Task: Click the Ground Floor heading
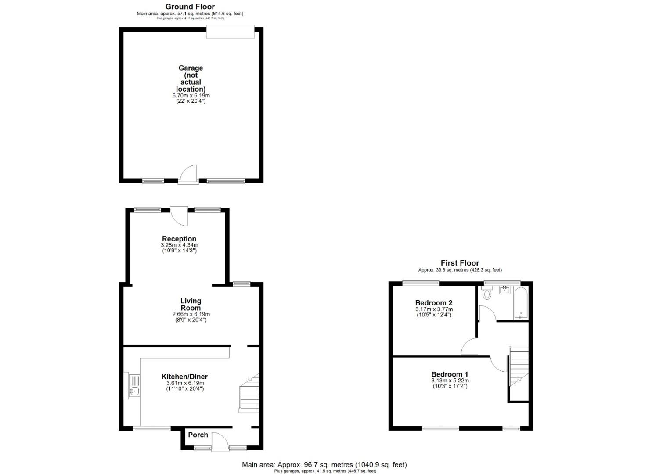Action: point(190,7)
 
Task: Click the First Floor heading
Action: point(460,263)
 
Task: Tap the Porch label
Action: point(198,435)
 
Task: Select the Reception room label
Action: point(179,239)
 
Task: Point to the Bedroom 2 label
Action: point(434,303)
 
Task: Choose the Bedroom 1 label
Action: point(450,375)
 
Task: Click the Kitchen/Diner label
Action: point(184,377)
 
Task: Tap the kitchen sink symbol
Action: point(134,386)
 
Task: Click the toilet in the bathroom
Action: point(486,293)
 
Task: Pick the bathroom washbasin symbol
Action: point(504,290)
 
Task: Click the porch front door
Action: point(218,442)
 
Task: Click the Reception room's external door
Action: point(179,216)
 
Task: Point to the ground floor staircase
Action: point(249,394)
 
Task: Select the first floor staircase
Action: point(518,366)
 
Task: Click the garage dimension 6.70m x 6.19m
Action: point(191,95)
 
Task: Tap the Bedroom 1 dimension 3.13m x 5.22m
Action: point(450,381)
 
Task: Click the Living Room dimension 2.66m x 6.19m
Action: point(191,314)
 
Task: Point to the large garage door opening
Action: point(231,32)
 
